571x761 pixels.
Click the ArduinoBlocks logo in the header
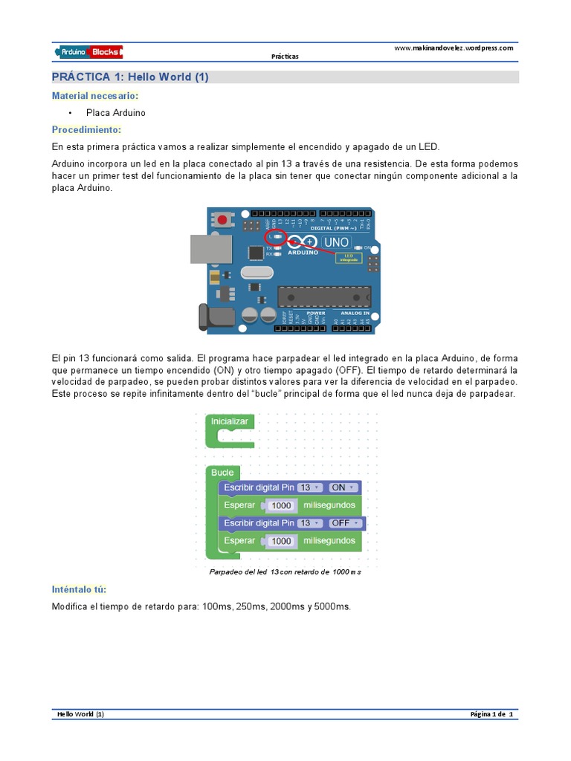tap(88, 51)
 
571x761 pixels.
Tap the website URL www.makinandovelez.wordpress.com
tap(453, 48)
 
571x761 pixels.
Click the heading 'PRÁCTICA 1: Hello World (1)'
tap(130, 77)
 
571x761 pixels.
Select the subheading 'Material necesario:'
tap(94, 96)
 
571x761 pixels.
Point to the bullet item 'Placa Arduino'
tap(120, 113)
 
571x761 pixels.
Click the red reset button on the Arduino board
tap(222, 219)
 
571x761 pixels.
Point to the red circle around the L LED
tap(276, 237)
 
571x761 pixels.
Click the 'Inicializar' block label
tap(229, 421)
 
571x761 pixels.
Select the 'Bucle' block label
tap(222, 473)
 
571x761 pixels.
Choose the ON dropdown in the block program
tap(343, 488)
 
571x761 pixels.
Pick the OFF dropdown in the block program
tap(344, 523)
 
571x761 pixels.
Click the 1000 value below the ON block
tap(282, 505)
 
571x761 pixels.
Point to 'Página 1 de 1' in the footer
tap(491, 714)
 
